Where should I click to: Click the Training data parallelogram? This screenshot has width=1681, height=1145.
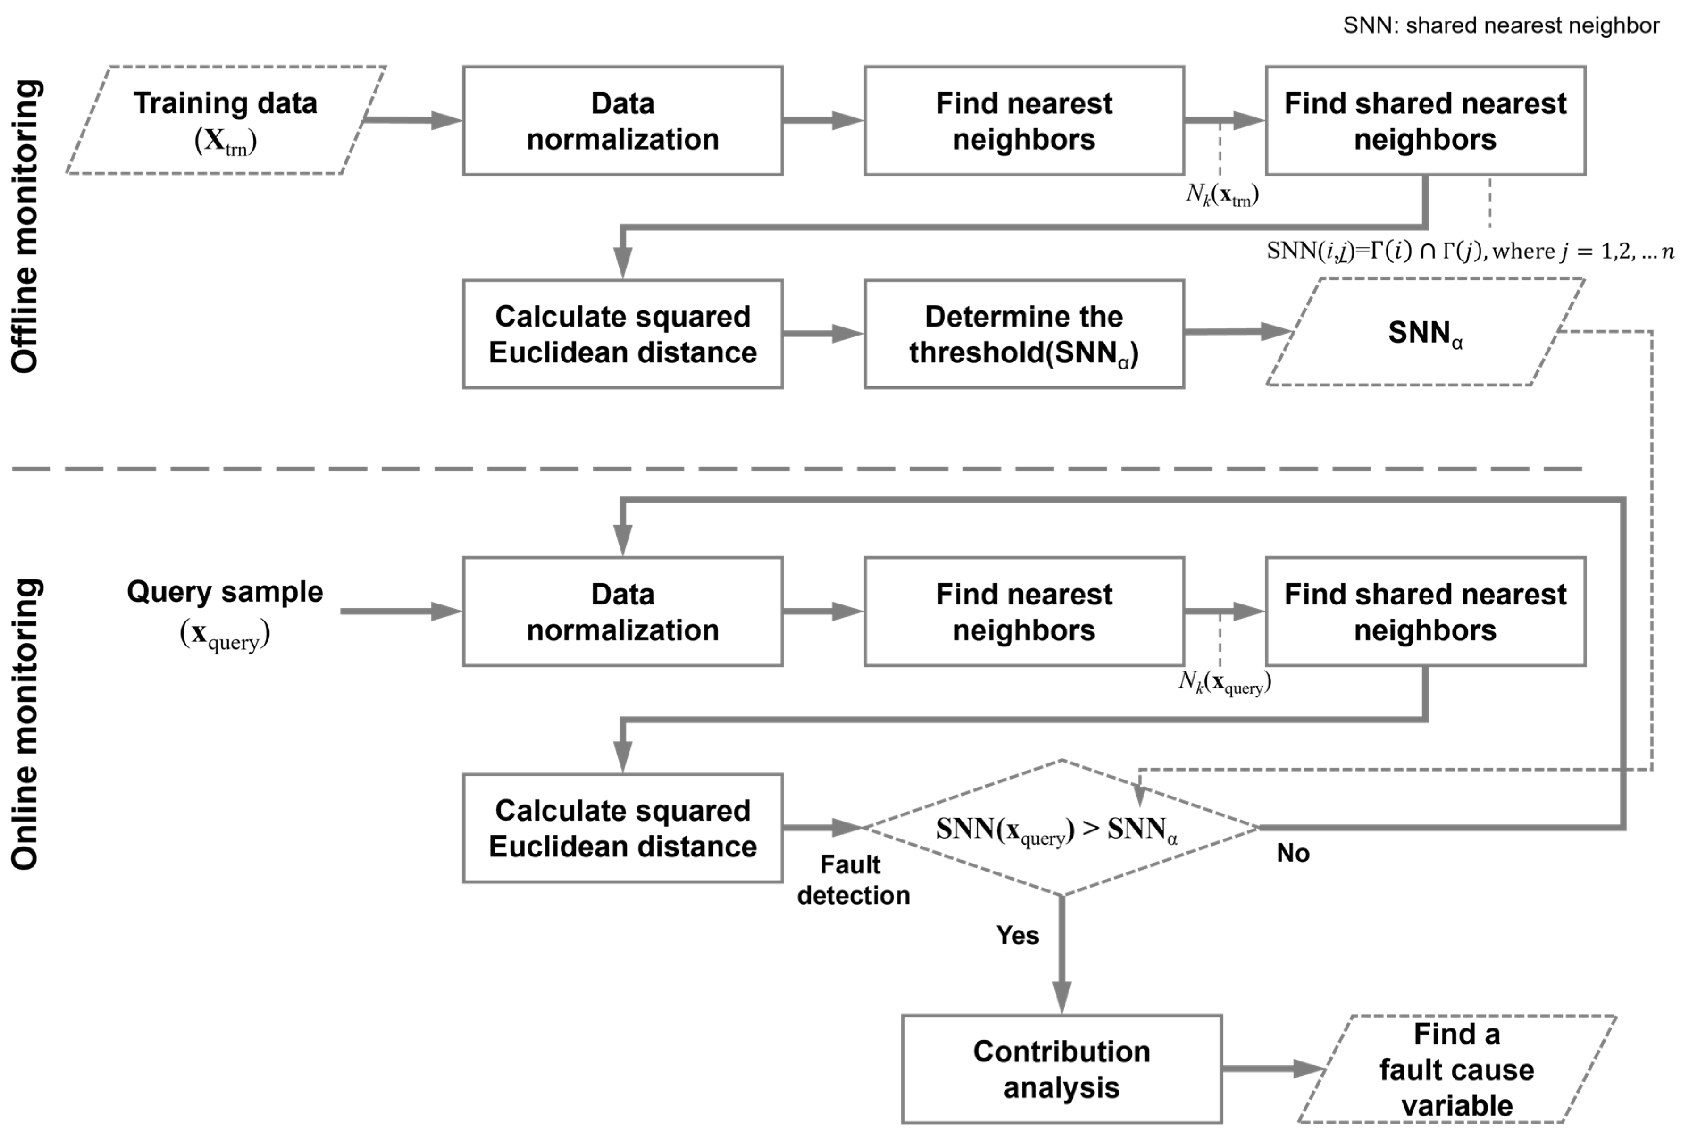pos(226,120)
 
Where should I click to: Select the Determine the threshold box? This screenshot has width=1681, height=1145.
pos(1023,334)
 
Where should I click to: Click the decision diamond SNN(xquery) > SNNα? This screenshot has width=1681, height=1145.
pos(1061,828)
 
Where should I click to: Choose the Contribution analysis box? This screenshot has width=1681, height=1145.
pos(1061,1069)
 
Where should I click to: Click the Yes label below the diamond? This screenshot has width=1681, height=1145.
pos(1017,935)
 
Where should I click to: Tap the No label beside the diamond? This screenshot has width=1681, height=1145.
pos(1292,854)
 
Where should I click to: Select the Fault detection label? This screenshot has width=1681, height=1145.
pos(853,880)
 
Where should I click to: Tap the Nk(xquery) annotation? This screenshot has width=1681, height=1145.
pos(1224,682)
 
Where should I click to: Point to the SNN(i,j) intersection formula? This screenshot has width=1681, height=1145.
pos(1468,251)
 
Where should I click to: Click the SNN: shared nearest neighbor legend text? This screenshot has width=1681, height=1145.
pos(1501,25)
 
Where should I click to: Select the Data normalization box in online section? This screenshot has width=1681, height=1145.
pos(623,612)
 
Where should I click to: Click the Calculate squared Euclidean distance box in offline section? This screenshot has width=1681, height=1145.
pos(623,334)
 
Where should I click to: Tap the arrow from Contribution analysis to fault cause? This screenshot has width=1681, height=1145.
pos(1273,1068)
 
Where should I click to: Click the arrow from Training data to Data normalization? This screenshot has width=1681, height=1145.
pos(412,120)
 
